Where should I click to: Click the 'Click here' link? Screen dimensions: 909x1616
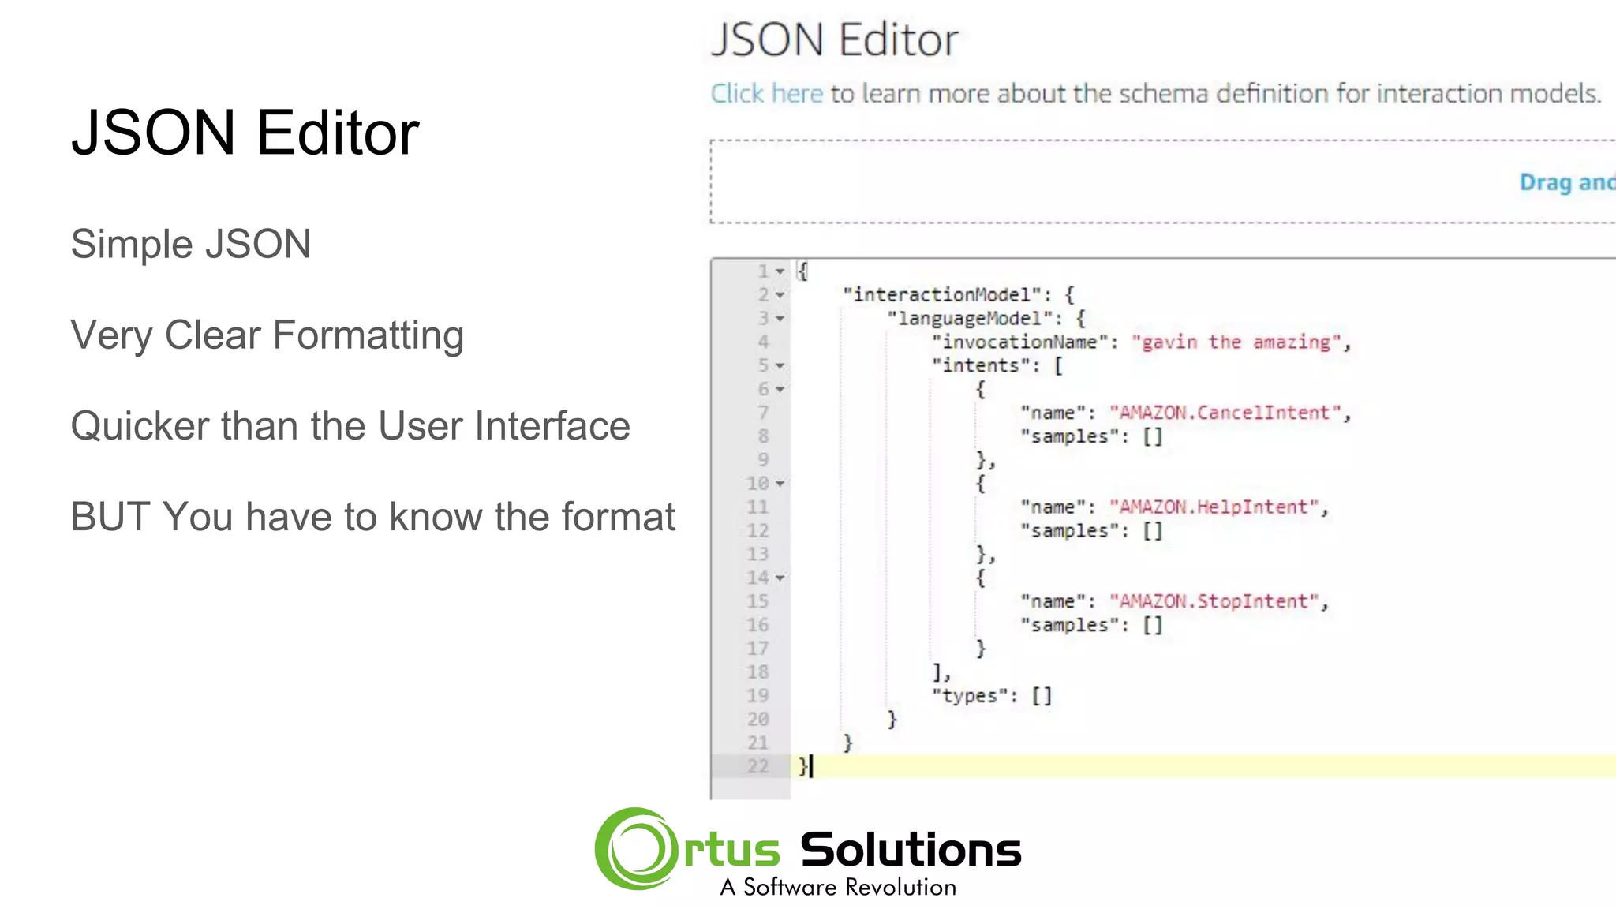(x=766, y=94)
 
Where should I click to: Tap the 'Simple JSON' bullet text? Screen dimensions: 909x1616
(x=191, y=244)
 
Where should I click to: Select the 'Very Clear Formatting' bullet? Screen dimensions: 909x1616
(x=267, y=335)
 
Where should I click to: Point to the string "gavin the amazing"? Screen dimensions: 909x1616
(x=1236, y=342)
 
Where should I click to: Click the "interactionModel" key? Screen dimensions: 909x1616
(x=942, y=295)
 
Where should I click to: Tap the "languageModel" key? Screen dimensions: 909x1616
(x=970, y=319)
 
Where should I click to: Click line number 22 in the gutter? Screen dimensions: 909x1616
(x=757, y=766)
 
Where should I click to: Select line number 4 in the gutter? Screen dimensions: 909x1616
(x=763, y=342)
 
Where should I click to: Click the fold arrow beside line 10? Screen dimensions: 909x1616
(x=780, y=484)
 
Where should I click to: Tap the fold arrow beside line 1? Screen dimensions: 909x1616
(x=780, y=271)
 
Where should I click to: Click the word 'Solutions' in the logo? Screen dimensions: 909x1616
(x=911, y=851)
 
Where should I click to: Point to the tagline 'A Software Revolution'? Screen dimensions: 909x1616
(x=838, y=888)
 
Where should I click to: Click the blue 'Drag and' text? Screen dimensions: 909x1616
(x=1566, y=182)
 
